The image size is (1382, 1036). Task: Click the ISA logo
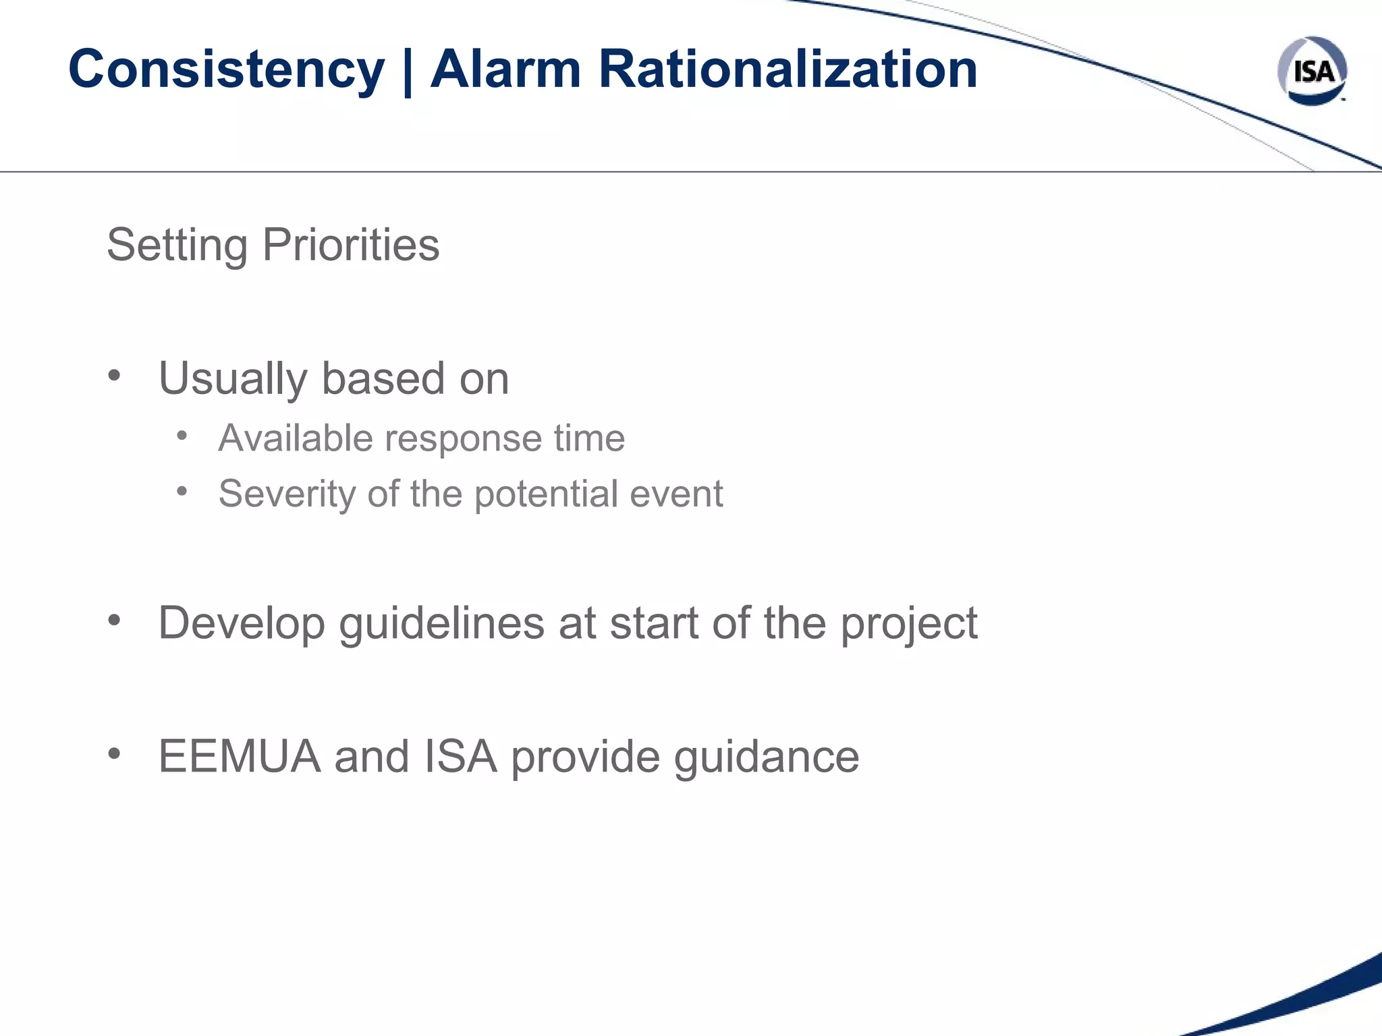point(1312,71)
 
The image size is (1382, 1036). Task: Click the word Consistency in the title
point(226,69)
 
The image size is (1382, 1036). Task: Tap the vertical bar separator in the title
point(407,71)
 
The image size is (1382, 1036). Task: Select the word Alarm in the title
point(505,69)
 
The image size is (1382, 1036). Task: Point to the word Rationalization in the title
point(787,69)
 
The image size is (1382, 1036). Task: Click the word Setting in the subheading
point(177,245)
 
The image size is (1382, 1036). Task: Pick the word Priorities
point(351,245)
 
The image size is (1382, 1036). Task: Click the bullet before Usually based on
point(114,375)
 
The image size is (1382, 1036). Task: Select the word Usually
point(232,378)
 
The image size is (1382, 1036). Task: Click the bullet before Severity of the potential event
point(182,491)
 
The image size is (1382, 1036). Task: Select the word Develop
point(241,623)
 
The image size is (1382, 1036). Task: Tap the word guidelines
point(441,623)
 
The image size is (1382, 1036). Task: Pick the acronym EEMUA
point(240,756)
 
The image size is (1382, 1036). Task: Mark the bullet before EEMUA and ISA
point(114,753)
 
